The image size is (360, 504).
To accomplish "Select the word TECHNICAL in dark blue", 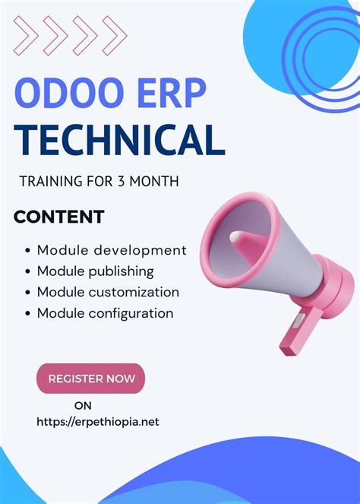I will pos(120,141).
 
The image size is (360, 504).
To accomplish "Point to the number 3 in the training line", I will pos(131,182).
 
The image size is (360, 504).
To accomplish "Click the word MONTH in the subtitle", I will pos(160,182).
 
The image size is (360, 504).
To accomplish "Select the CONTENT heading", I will pos(58,217).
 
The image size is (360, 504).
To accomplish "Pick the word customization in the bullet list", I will pos(135,292).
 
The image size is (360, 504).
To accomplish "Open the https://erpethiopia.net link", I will pos(98,422).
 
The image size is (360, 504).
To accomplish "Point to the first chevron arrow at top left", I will pos(25,36).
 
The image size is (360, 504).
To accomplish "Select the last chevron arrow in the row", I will pos(113,36).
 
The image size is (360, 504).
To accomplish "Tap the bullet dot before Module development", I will pos(28,250).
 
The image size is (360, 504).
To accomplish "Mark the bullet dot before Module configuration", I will pos(28,313).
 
